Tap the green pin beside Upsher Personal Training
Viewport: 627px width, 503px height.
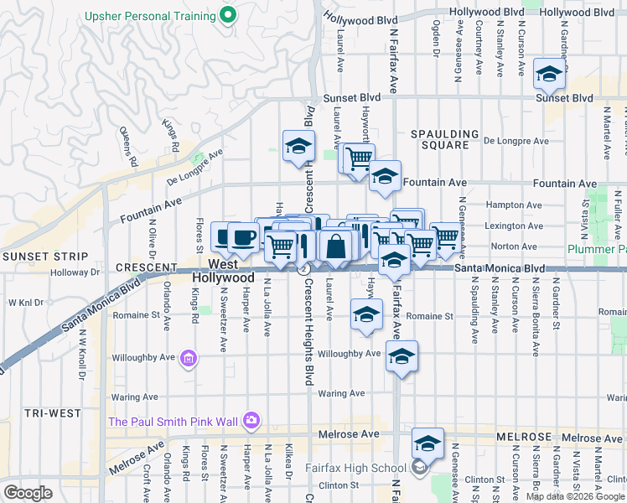point(225,15)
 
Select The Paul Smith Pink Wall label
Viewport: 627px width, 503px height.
point(172,421)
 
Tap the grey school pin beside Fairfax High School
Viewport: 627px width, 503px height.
point(419,468)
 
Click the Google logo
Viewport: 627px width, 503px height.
point(28,493)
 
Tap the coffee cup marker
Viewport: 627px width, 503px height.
point(243,237)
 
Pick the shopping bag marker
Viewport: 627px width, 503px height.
point(335,246)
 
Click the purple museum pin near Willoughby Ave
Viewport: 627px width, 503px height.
point(189,360)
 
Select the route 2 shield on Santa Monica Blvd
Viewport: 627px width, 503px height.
point(303,268)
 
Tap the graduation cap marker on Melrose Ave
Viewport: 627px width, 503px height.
point(427,443)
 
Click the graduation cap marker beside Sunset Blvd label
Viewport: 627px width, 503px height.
point(549,75)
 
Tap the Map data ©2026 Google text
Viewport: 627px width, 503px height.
point(574,496)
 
